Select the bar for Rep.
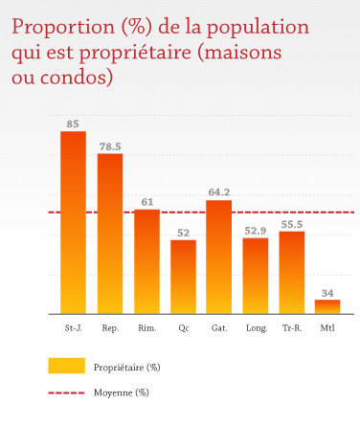(x=110, y=234)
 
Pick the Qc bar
(x=183, y=277)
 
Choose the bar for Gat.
(x=219, y=257)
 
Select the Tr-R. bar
(x=292, y=273)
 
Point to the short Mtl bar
(x=327, y=306)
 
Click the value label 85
(x=74, y=124)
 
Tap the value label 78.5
(x=110, y=146)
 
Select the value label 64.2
(x=219, y=192)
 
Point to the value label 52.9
(x=256, y=230)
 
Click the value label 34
(x=327, y=292)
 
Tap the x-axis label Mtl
(x=327, y=328)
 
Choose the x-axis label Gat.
(x=219, y=328)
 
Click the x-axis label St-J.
(x=74, y=328)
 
